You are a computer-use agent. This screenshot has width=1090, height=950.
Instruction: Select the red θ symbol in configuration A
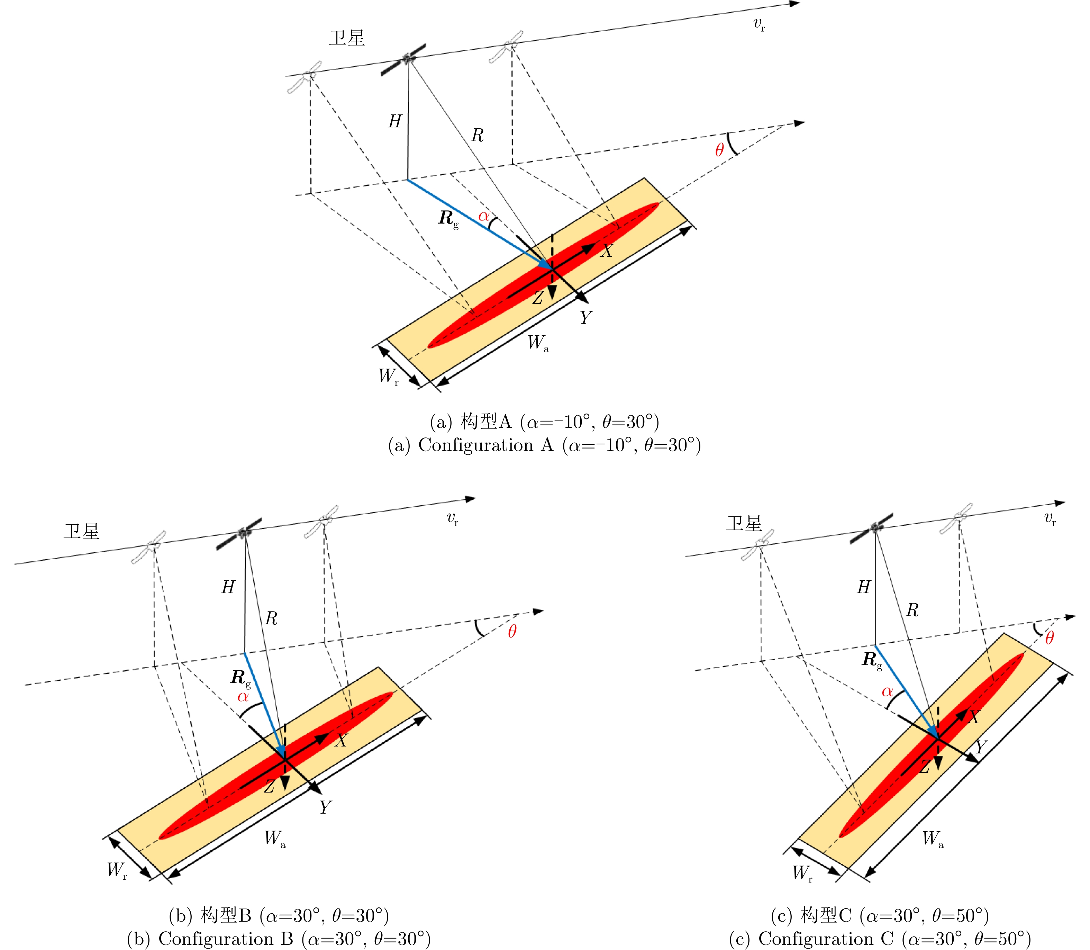719,150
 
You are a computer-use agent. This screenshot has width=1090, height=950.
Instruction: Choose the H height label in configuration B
228,587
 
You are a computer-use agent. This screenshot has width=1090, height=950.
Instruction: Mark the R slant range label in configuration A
477,135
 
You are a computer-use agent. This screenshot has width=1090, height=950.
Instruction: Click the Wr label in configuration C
802,872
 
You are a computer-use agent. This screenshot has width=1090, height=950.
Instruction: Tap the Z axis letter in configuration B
269,787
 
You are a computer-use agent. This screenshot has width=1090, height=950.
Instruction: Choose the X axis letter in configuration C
974,718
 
